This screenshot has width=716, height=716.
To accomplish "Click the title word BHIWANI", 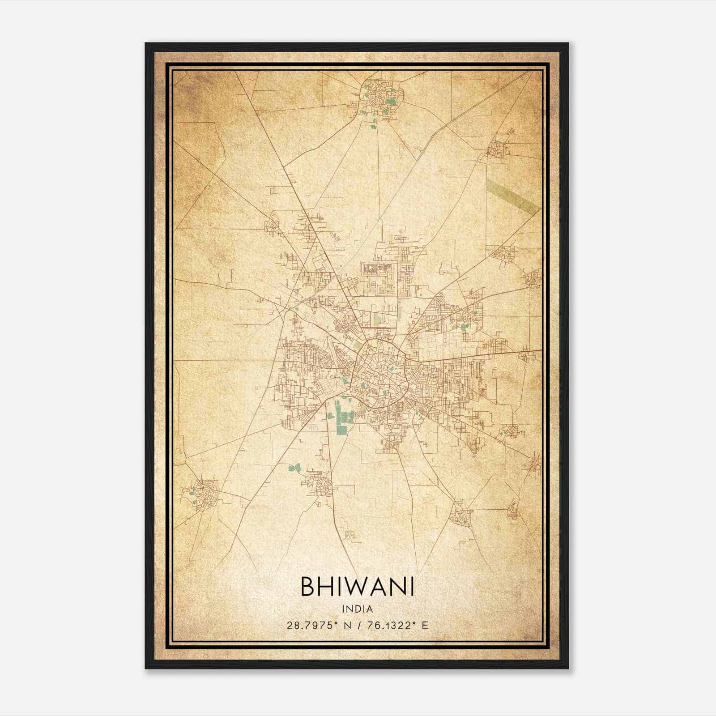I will [357, 587].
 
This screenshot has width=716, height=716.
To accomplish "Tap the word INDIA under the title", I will [357, 609].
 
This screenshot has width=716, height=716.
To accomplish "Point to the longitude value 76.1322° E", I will [397, 625].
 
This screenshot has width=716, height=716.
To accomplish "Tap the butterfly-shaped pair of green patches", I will [294, 468].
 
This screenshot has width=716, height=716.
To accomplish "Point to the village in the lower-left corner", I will [202, 494].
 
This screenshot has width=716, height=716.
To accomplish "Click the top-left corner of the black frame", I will [146, 43].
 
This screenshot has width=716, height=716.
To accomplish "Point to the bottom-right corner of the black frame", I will [568, 669].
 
